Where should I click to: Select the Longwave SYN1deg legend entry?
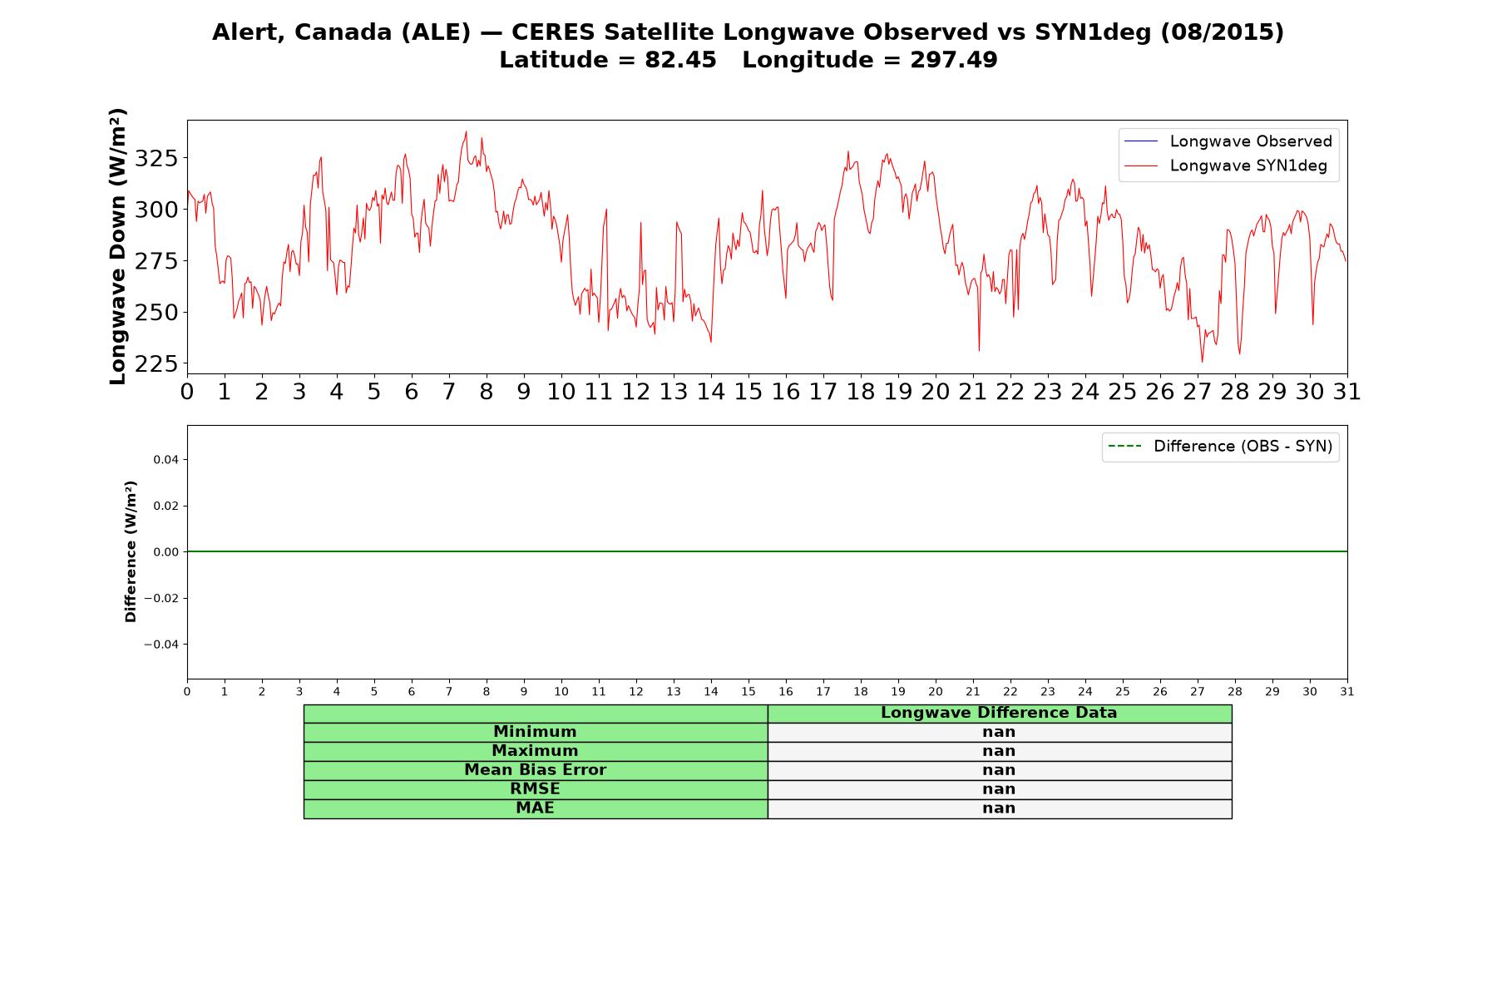[1226, 166]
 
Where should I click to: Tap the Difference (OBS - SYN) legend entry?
[1220, 447]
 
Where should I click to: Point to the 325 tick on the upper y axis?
[156, 158]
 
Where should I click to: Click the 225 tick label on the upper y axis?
[156, 364]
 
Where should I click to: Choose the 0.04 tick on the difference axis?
[165, 459]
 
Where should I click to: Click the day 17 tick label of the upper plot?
[823, 391]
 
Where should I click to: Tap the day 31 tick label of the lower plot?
[1347, 691]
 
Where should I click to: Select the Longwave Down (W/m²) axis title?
[118, 246]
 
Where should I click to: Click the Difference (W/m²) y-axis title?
[131, 551]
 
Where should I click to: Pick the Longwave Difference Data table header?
[999, 713]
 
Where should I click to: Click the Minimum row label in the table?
[535, 732]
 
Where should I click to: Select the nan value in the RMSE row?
[999, 789]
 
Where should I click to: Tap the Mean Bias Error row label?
[535, 770]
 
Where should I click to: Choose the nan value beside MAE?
[999, 808]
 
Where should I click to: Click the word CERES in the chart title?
[554, 32]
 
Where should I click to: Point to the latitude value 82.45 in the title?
[680, 60]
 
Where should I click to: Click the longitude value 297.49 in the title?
[954, 60]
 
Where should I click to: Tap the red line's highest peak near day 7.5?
[466, 131]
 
